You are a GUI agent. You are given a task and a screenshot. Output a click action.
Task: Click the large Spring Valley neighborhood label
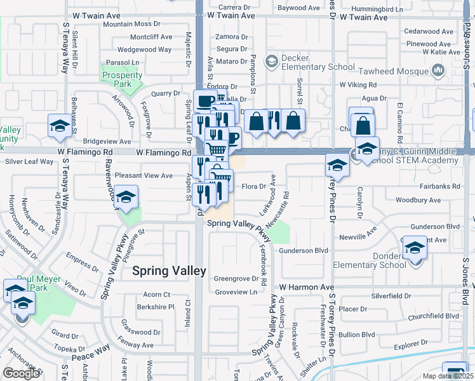tap(169, 271)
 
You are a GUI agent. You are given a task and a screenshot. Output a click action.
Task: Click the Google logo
tap(21, 373)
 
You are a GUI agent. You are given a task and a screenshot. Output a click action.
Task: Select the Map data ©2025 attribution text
tap(446, 376)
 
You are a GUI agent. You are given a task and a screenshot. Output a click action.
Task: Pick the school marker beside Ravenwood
tap(126, 197)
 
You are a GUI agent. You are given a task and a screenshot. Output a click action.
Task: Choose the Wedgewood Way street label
tap(145, 50)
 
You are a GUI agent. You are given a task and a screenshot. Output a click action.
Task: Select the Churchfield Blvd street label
tap(434, 316)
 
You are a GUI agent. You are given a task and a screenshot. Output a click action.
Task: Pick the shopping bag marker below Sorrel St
tap(293, 121)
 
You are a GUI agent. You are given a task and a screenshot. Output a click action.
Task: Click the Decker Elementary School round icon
tap(271, 61)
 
